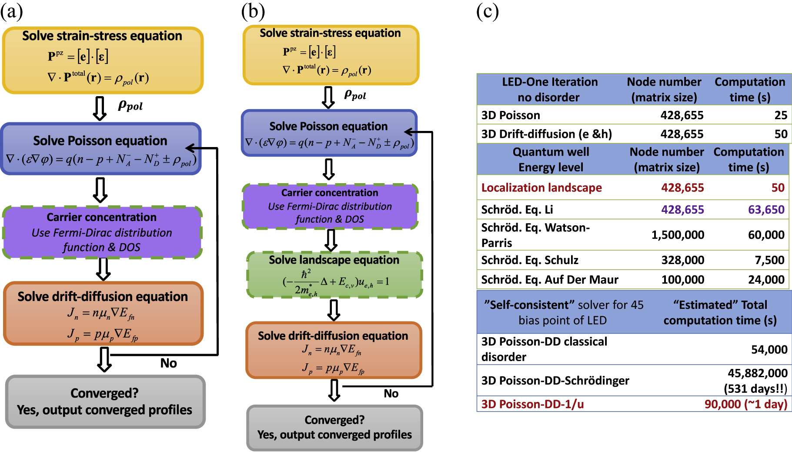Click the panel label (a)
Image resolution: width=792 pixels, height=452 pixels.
pos(11,11)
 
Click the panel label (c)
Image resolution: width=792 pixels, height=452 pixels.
pos(487,11)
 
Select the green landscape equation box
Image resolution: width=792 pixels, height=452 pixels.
pos(334,275)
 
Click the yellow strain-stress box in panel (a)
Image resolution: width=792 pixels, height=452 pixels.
pos(103,60)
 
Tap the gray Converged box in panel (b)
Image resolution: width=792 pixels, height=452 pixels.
pos(334,428)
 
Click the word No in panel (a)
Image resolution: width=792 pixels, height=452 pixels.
pos(168,363)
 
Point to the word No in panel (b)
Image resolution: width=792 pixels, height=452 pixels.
pos(391,394)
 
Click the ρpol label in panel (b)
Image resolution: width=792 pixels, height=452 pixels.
pos(355,95)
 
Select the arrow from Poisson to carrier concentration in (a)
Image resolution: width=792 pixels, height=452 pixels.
pos(100,190)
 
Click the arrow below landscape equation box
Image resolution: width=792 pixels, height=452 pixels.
pos(334,310)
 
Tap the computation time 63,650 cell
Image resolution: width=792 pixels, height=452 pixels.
pos(766,210)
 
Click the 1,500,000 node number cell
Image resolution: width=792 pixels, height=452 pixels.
pos(678,235)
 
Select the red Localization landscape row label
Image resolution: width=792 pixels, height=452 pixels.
pos(541,188)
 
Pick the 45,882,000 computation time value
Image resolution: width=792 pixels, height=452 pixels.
pos(757,373)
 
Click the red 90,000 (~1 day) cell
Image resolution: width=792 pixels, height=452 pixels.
pos(745,404)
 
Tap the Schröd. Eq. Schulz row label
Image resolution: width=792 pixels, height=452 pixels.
pos(530,260)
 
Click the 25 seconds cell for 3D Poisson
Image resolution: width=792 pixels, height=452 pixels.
pos(780,115)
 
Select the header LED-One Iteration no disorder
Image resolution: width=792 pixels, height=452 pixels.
pos(549,89)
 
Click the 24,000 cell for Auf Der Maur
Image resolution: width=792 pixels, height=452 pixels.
pos(766,280)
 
